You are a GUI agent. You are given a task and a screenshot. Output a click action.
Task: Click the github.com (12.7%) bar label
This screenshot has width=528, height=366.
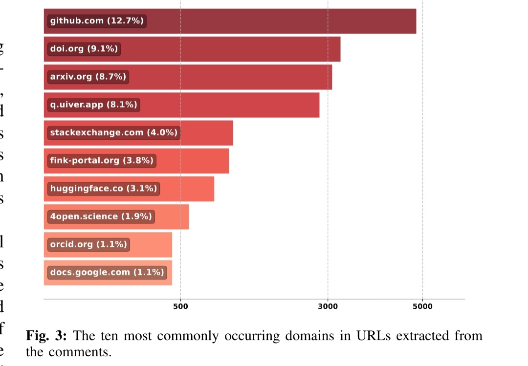(97, 21)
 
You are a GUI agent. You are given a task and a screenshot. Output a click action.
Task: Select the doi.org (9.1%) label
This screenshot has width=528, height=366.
(84, 49)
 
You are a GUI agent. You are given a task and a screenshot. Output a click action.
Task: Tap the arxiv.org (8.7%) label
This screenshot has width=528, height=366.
(88, 77)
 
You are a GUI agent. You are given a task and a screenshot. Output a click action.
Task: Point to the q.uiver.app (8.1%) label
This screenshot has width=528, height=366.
(94, 105)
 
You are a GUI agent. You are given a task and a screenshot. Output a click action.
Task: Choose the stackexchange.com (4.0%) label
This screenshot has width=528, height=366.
(113, 132)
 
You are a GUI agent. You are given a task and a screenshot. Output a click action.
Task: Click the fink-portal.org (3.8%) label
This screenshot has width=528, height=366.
(105, 160)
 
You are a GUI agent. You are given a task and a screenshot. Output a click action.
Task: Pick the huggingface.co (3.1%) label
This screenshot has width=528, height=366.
(103, 188)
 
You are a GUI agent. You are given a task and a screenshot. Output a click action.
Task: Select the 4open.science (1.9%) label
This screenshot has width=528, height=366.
(101, 216)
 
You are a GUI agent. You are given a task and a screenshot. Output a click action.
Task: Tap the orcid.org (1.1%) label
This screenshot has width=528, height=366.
(88, 244)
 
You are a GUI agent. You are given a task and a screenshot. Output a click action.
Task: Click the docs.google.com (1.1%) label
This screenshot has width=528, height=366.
(107, 272)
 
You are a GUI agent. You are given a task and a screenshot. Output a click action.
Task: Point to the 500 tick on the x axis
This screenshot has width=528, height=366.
(180, 306)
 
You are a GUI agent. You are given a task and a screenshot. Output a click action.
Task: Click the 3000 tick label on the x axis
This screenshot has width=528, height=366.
(328, 306)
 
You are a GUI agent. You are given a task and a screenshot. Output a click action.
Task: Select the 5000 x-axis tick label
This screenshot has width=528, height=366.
(422, 306)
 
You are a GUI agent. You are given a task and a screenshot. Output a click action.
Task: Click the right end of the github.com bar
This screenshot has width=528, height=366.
(415, 21)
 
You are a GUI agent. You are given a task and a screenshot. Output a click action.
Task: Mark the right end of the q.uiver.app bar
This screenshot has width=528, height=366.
(318, 105)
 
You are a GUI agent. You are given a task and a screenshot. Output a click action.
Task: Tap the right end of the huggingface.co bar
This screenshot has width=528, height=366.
(213, 188)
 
